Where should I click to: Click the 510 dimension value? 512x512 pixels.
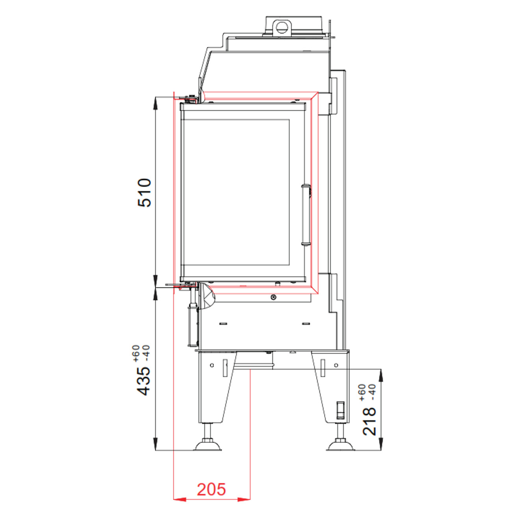[x=144, y=193]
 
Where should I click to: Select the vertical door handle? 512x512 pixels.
[x=305, y=215]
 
